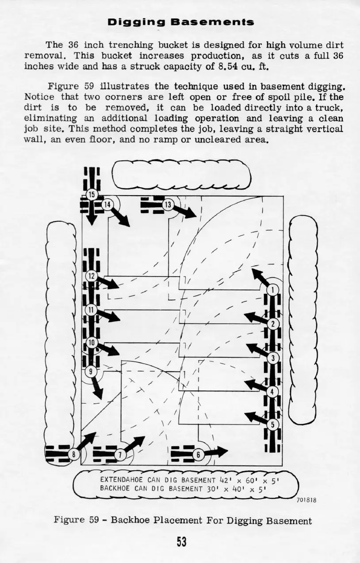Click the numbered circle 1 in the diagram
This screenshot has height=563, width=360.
273,290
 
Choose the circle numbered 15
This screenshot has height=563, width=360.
92,194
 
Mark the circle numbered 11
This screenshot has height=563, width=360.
91,309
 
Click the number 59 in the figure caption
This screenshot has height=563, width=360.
93,521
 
